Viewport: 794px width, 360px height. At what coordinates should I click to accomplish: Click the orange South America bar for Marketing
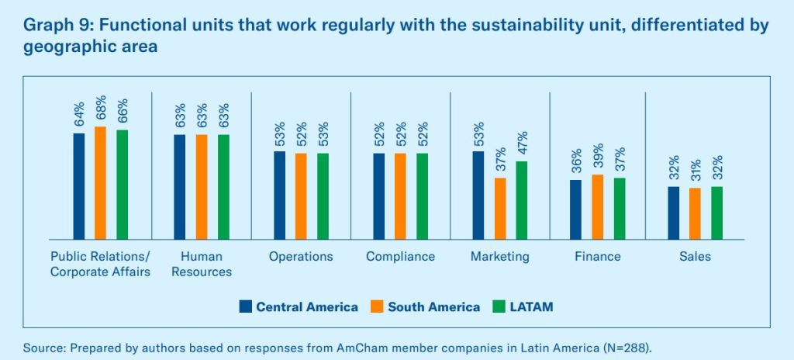pyautogui.click(x=500, y=208)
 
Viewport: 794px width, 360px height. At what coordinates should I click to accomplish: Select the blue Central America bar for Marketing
pyautogui.click(x=478, y=195)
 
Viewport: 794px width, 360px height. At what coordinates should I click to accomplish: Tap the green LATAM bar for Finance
pyautogui.click(x=619, y=208)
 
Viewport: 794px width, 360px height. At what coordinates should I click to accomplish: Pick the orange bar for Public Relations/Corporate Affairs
pyautogui.click(x=100, y=182)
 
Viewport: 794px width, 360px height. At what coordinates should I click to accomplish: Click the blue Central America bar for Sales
pyautogui.click(x=673, y=213)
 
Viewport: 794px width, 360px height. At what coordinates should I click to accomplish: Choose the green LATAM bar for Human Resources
pyautogui.click(x=223, y=186)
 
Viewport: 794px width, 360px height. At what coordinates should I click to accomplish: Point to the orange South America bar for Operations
pyautogui.click(x=301, y=196)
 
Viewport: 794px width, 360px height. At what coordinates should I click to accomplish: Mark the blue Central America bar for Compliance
pyautogui.click(x=378, y=196)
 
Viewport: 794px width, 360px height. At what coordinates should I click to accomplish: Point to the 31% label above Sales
pyautogui.click(x=695, y=171)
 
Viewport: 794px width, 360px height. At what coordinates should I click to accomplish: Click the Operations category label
pyautogui.click(x=301, y=257)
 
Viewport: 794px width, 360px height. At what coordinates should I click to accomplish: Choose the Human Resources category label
pyautogui.click(x=201, y=264)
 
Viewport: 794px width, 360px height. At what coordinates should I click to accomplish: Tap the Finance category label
pyautogui.click(x=597, y=257)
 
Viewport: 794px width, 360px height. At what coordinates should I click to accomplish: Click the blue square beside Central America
pyautogui.click(x=246, y=306)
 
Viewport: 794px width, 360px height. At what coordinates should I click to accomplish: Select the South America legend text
pyautogui.click(x=433, y=307)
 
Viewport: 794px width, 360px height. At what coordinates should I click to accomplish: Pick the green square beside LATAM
pyautogui.click(x=499, y=306)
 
